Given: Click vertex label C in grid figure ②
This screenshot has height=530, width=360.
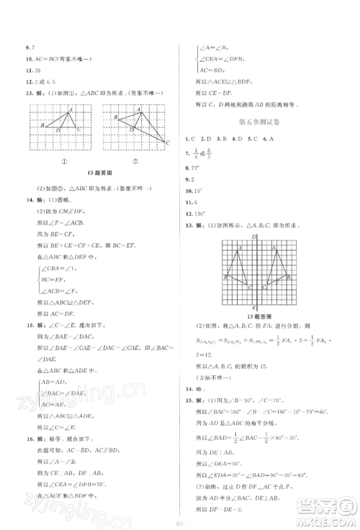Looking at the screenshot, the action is point(167,143).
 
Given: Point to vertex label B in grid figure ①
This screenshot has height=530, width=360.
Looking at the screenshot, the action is point(43,125).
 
